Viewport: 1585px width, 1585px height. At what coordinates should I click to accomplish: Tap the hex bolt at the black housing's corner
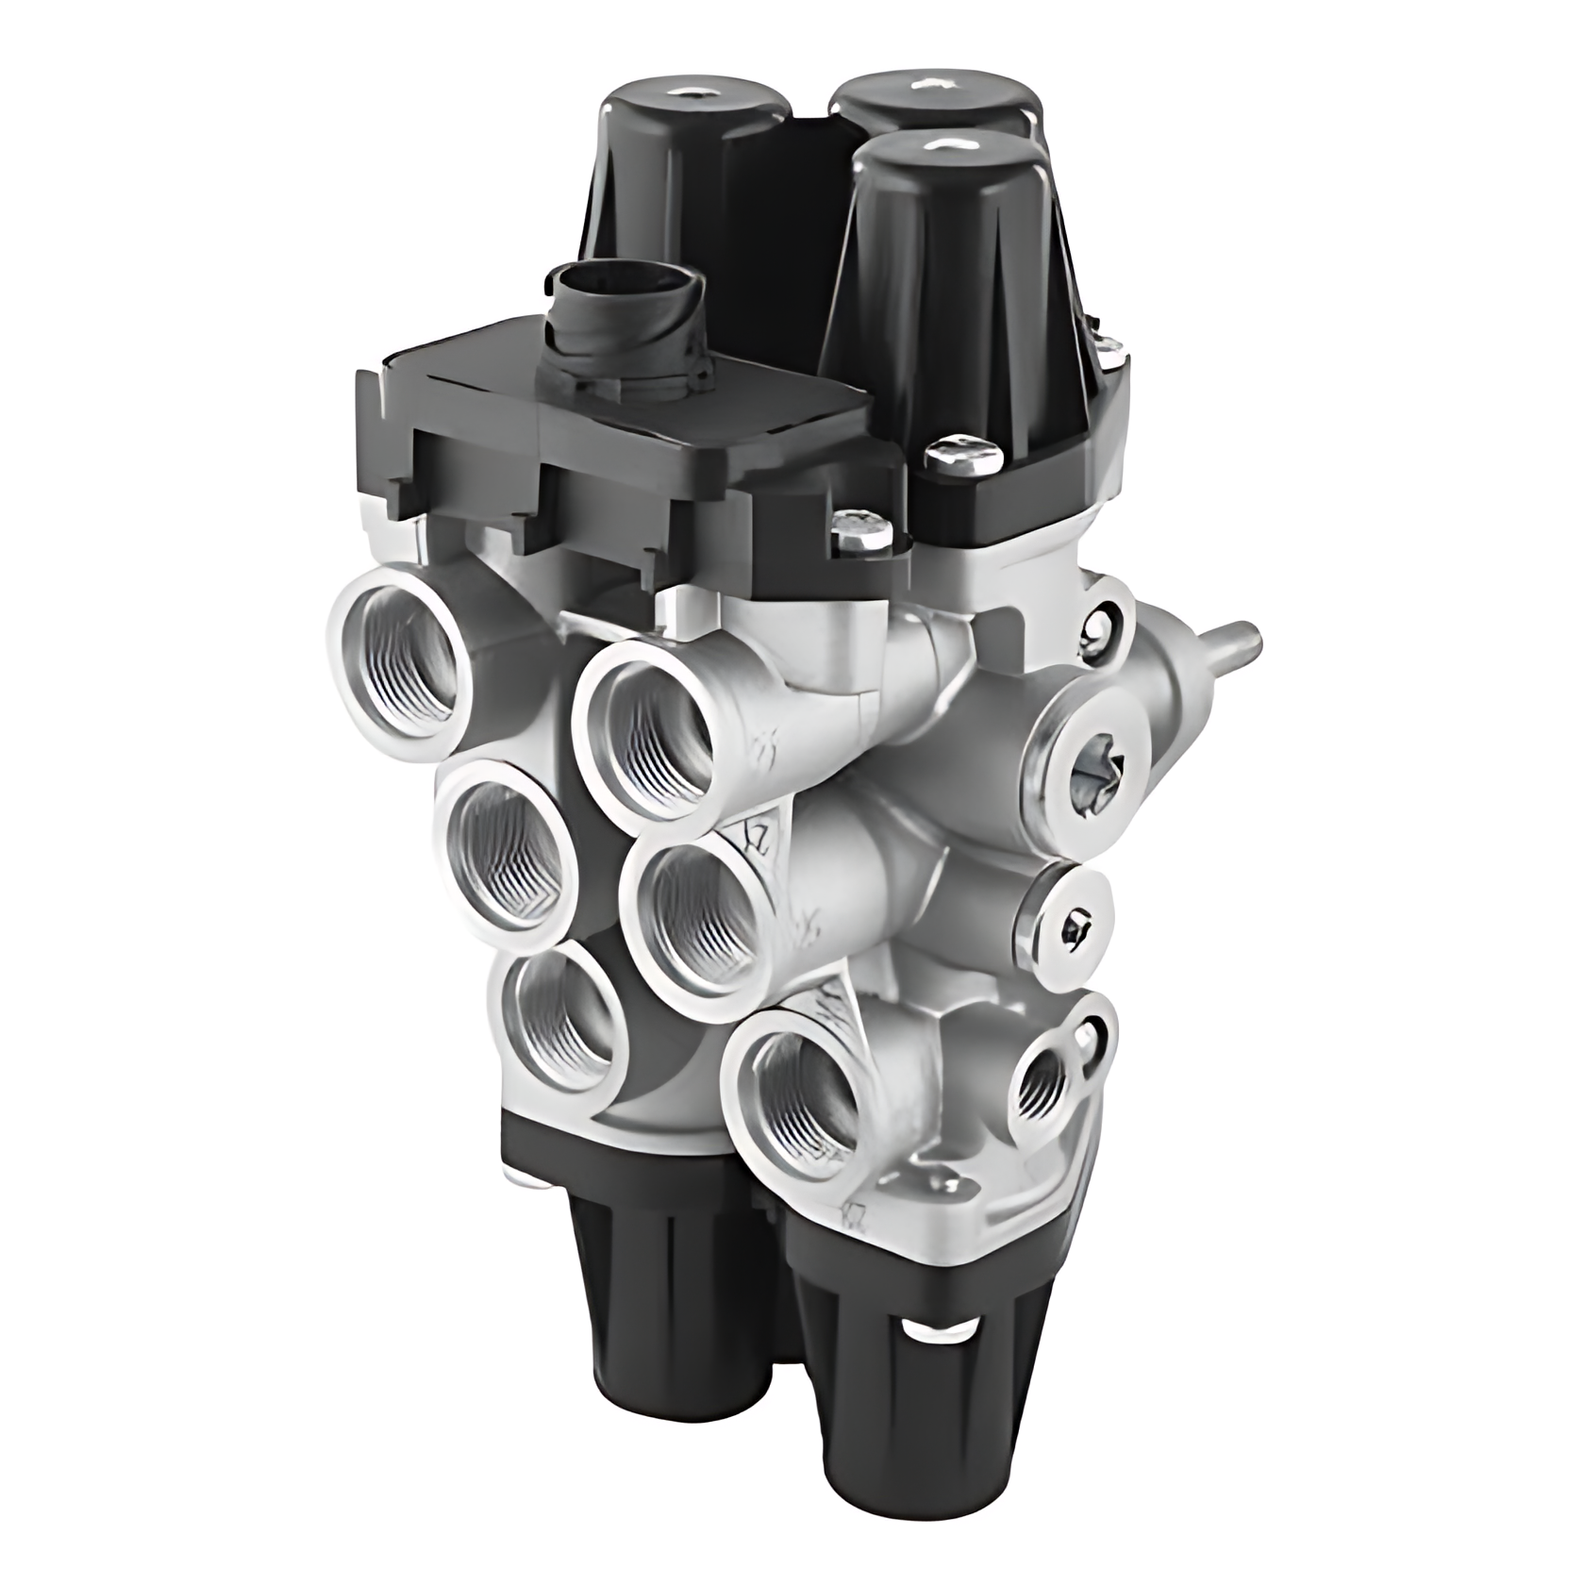(x=861, y=532)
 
